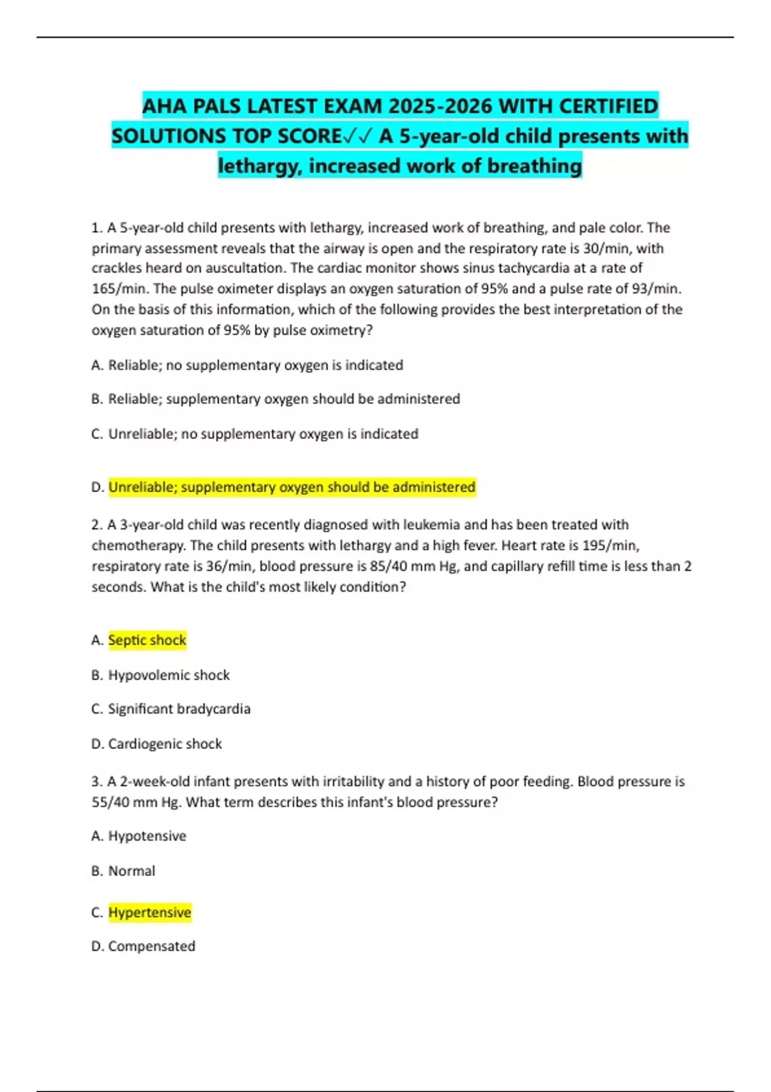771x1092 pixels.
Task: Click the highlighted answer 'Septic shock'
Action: click(147, 640)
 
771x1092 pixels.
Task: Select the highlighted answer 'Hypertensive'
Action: click(150, 912)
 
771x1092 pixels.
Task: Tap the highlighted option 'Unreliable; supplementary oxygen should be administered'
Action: click(292, 487)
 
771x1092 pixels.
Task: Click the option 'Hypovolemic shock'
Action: click(168, 674)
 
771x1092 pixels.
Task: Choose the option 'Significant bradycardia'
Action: click(179, 709)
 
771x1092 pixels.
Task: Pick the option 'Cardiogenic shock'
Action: click(164, 743)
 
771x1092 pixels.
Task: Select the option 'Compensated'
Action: click(152, 946)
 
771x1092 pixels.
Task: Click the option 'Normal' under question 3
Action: click(132, 870)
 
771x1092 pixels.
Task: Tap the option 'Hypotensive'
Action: click(147, 836)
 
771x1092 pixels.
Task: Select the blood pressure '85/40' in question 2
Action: click(391, 566)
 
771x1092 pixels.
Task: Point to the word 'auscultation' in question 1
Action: click(245, 268)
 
